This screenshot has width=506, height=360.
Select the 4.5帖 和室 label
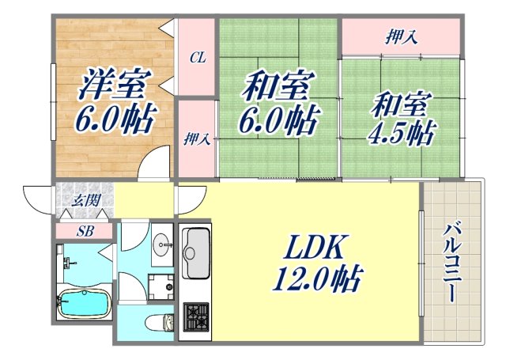pos(401,118)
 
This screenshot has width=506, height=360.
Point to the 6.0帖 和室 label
pos(278,100)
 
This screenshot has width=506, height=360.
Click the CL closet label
pos(197,58)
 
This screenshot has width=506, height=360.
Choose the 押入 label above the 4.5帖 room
pos(402,36)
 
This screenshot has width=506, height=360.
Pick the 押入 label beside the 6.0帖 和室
pos(197,140)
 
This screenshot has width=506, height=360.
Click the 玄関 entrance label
pos(86,200)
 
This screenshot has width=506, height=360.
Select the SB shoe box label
pos(84,231)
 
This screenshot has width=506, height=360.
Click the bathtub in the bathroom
pos(82,301)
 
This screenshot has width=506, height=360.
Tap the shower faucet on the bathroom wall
pos(62,258)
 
